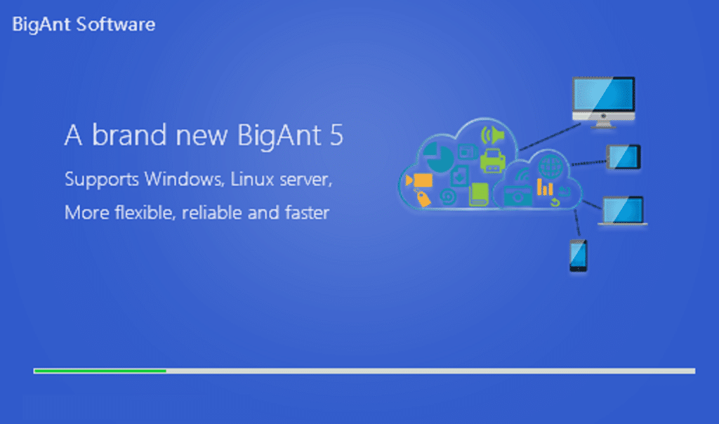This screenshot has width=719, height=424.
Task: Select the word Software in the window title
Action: click(116, 25)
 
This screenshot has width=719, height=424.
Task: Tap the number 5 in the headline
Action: click(336, 135)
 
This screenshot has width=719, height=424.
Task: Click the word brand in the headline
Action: click(129, 135)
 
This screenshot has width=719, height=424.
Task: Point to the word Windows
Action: click(185, 179)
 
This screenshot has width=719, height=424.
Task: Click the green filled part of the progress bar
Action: click(100, 371)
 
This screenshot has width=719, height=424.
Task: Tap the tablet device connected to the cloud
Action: click(624, 157)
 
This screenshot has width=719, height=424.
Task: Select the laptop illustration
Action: click(623, 211)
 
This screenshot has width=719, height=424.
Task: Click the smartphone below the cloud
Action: click(579, 256)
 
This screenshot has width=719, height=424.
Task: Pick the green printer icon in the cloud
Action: click(492, 161)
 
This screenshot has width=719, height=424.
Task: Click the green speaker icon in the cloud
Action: click(492, 135)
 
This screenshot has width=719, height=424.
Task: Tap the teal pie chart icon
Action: click(438, 157)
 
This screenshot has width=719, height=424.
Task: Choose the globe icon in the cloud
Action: click(550, 166)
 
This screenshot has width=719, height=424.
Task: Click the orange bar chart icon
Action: click(545, 187)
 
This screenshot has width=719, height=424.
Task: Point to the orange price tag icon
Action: click(423, 199)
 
